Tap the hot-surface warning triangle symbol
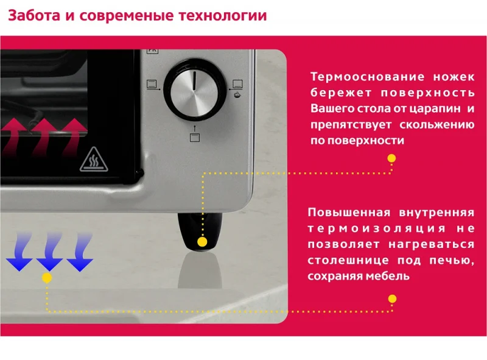94,160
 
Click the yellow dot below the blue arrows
47,278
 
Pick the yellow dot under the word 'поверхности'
391,158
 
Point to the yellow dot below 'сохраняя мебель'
392,298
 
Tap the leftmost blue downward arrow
19,256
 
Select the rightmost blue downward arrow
80,256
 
